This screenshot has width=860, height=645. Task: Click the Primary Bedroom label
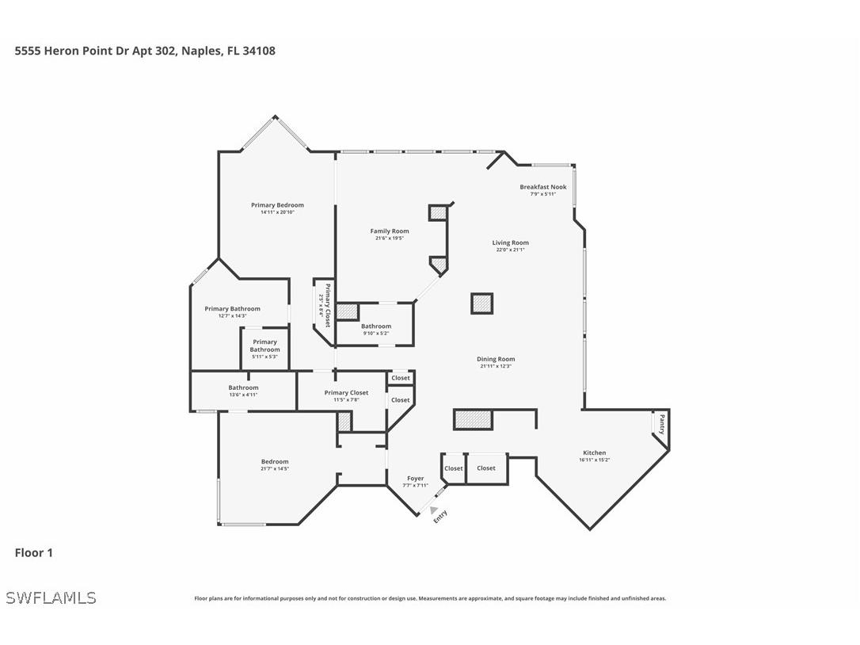click(x=277, y=205)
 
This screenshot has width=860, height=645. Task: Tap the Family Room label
click(x=390, y=231)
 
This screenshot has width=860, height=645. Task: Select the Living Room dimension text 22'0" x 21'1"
click(x=509, y=250)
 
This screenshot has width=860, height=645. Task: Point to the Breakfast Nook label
click(x=542, y=187)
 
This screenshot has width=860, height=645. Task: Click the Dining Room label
click(x=496, y=359)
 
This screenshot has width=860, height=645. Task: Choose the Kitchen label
click(x=594, y=453)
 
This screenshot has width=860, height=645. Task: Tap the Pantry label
click(x=662, y=425)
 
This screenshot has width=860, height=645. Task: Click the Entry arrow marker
click(x=433, y=510)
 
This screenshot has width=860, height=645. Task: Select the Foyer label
click(x=415, y=479)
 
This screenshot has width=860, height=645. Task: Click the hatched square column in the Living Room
click(x=481, y=303)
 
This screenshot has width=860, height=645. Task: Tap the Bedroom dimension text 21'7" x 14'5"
click(x=275, y=469)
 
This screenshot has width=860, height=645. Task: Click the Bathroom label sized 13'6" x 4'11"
click(x=243, y=387)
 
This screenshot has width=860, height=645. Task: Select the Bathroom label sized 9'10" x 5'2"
click(x=375, y=326)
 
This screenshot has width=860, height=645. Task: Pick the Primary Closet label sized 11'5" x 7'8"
click(x=346, y=393)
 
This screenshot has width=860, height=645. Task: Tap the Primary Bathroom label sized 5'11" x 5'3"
click(x=264, y=345)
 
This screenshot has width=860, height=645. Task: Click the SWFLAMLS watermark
click(x=51, y=597)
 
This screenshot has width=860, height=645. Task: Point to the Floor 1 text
click(x=33, y=553)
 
